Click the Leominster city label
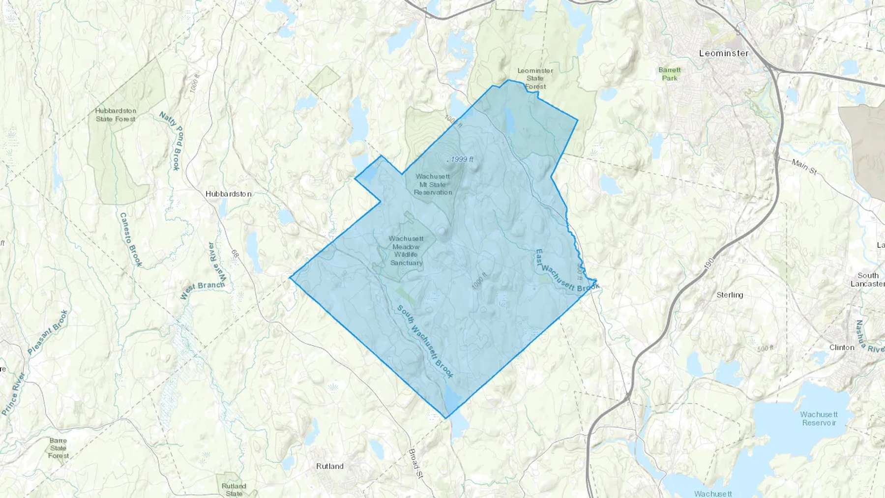[724, 53]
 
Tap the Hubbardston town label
[229, 194]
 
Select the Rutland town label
[329, 466]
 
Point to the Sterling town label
[730, 295]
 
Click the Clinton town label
[842, 347]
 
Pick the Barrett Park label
[670, 74]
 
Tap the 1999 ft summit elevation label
[462, 159]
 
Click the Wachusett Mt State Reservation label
[433, 184]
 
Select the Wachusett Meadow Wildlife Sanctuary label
[406, 251]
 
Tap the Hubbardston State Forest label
[116, 115]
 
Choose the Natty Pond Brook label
[171, 141]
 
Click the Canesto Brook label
[131, 240]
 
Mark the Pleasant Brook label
[47, 332]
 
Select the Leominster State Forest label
[535, 79]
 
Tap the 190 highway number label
[708, 265]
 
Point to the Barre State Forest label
[58, 448]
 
